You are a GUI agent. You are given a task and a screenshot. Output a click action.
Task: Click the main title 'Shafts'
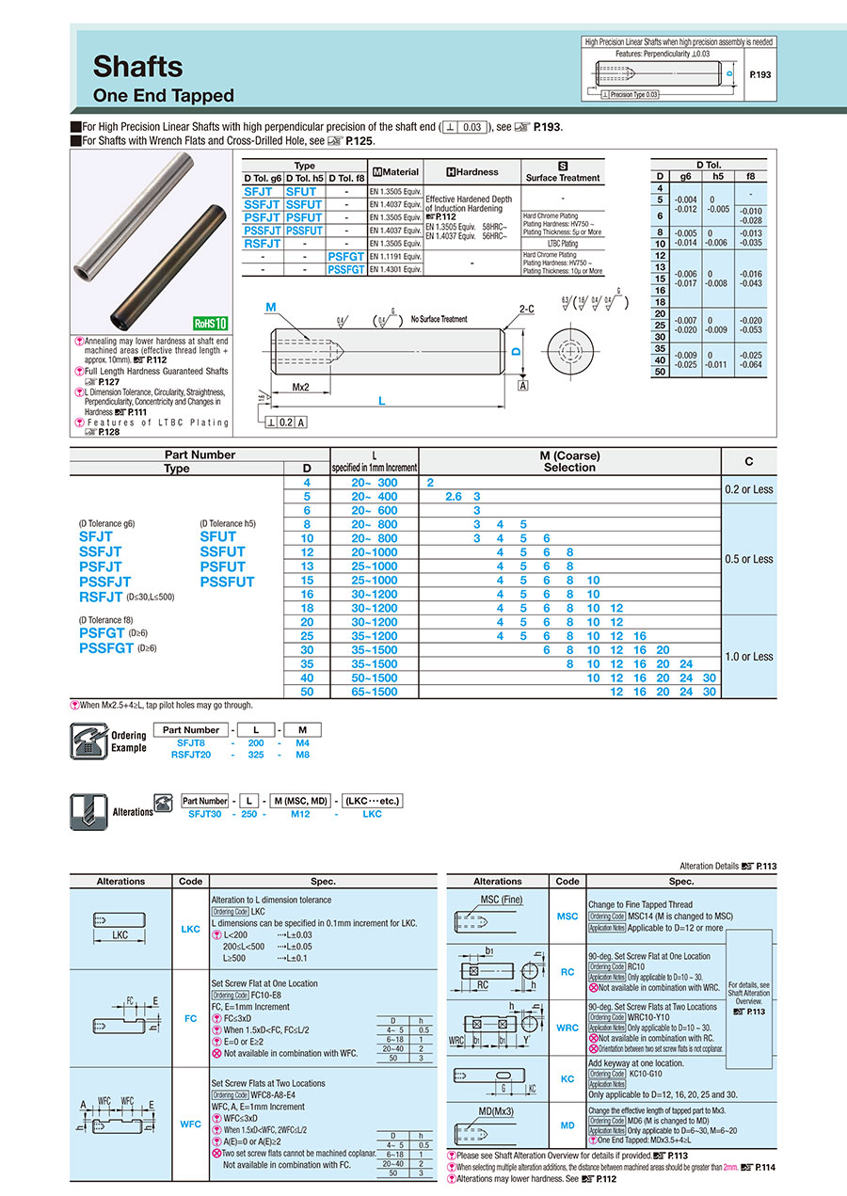(x=137, y=66)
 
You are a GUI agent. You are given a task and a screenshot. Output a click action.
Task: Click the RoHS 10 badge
(x=210, y=323)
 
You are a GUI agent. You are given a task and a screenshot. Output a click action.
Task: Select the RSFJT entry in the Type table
(x=263, y=243)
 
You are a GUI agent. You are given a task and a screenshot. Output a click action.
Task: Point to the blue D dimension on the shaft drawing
(x=516, y=351)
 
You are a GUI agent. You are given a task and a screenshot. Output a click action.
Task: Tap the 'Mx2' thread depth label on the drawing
(x=301, y=387)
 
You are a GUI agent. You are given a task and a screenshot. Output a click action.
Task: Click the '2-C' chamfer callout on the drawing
(x=526, y=309)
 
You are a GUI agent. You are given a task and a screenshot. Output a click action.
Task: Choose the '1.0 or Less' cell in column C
(x=749, y=657)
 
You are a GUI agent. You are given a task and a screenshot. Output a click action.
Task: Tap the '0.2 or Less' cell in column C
(x=749, y=489)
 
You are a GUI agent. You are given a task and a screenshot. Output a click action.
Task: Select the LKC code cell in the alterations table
(x=190, y=930)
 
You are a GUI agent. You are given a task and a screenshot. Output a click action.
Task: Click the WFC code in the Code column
(x=190, y=1124)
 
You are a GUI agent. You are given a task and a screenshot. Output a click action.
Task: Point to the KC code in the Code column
(x=567, y=1079)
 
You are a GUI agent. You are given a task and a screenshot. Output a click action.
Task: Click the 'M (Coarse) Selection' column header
(x=569, y=461)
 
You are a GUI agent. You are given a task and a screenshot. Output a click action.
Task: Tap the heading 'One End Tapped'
(x=163, y=96)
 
